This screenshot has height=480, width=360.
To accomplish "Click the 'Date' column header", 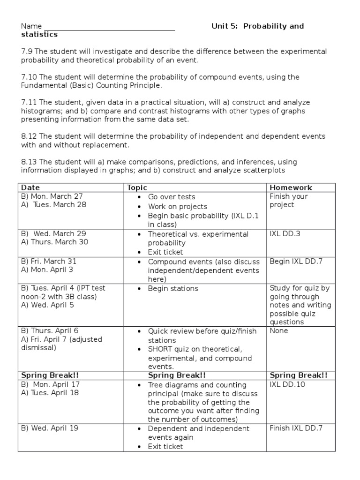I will [31, 187].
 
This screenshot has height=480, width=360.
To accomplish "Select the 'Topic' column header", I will [137, 187].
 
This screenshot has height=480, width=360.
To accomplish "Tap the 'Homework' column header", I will [291, 187].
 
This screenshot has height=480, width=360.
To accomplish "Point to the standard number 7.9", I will [27, 52].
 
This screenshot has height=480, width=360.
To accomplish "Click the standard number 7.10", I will [29, 77].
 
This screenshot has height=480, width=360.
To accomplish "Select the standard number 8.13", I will [29, 162].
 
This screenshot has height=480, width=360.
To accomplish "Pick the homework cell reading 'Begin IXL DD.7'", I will [296, 261].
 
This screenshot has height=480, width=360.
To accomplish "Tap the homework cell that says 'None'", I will [279, 330].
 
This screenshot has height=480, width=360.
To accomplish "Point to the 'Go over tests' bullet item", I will [172, 197].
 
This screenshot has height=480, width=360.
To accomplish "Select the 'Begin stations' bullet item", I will [173, 288].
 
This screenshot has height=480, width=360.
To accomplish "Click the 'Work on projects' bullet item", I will [178, 206].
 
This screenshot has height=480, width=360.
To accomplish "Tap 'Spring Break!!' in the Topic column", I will [177, 375].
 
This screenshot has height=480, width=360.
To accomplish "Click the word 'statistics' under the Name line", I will [39, 34].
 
